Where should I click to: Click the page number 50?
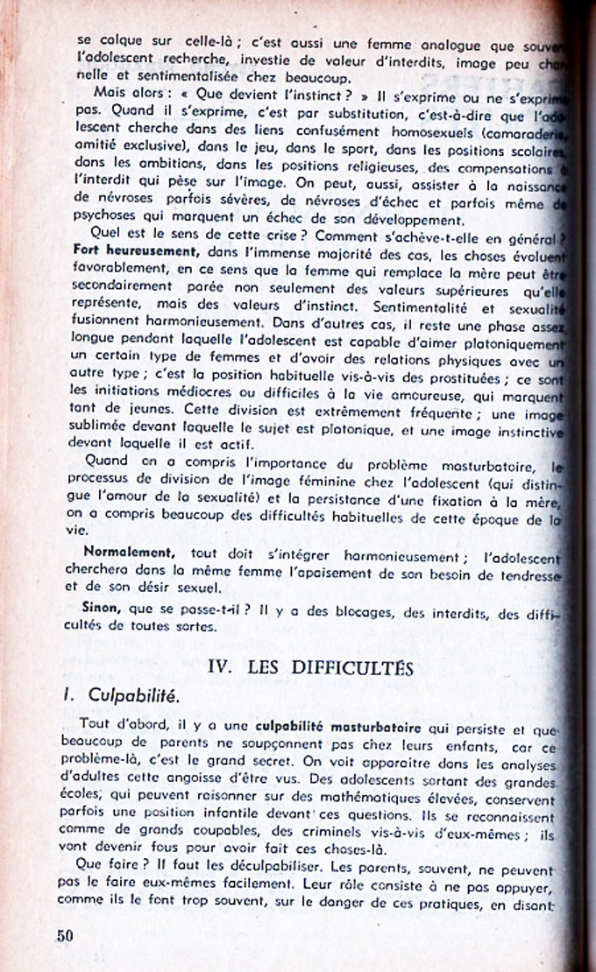pyautogui.click(x=64, y=935)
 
